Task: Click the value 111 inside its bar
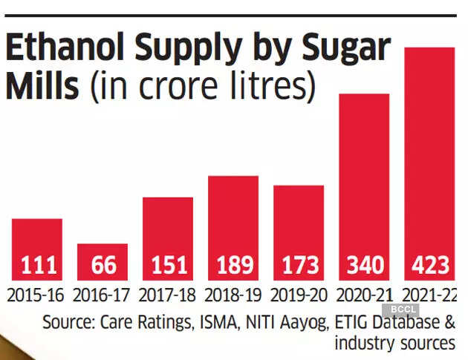[x=37, y=265]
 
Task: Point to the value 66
[x=103, y=265]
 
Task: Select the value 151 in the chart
[x=168, y=265]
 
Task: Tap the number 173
[x=299, y=265]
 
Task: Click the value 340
[x=364, y=265]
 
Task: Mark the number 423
[x=429, y=265]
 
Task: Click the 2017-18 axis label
[x=168, y=295]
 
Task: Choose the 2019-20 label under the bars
[x=299, y=295]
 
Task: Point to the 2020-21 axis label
[x=364, y=295]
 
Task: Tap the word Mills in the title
[x=42, y=87]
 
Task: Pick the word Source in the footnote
[x=68, y=323]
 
